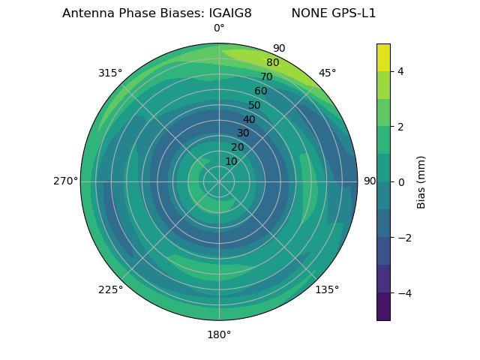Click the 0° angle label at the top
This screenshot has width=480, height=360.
[x=219, y=28]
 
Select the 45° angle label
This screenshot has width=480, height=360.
[x=327, y=73]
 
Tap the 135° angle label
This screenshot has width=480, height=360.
[x=327, y=289]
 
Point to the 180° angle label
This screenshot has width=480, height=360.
[x=219, y=334]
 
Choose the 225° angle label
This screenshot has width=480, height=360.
[x=110, y=289]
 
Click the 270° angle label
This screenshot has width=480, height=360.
[x=66, y=181]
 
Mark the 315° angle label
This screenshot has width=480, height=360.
[x=110, y=73]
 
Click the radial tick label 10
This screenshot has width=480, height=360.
[x=231, y=161]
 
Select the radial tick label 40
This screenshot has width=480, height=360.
[x=249, y=119]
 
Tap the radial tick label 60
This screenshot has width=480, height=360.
[x=261, y=91]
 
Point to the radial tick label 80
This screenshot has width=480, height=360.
[x=272, y=63]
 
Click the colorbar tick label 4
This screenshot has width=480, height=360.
[x=401, y=71]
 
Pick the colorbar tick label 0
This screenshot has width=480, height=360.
[x=401, y=181]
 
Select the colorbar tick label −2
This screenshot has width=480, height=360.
[x=403, y=237]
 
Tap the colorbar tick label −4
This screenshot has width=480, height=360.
[x=403, y=292]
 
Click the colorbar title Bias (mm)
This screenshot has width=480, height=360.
[x=421, y=181]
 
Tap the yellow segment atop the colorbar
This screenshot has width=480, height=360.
[x=383, y=57]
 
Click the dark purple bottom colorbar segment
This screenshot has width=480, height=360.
[x=383, y=307]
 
